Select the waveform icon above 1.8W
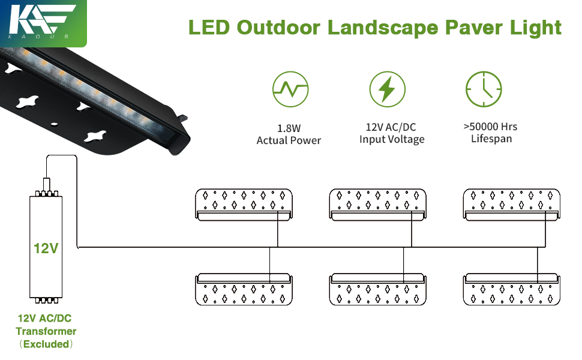[290, 90]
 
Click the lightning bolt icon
[387, 90]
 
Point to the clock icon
[484, 90]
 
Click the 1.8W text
[289, 128]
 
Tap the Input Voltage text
[392, 140]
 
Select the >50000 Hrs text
[490, 127]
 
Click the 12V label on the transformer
[46, 248]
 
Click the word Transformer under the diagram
[46, 331]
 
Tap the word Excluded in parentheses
[46, 344]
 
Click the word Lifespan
[490, 139]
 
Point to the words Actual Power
[289, 140]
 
